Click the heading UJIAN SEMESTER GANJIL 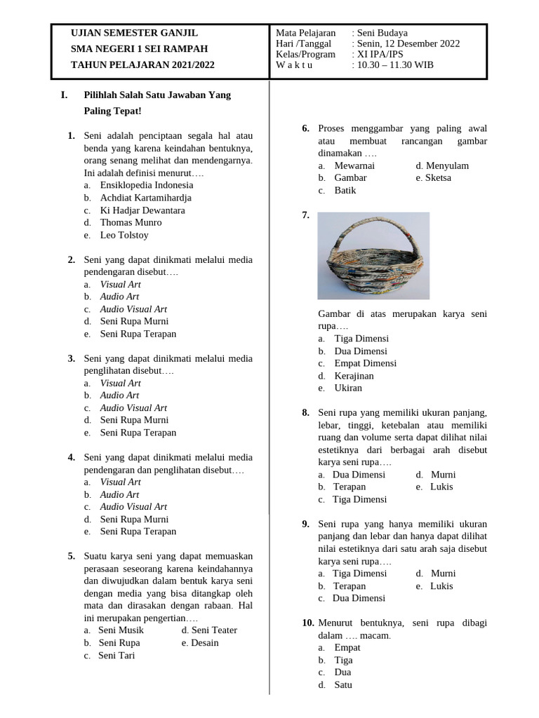coord(134,33)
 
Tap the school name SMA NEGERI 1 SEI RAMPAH coord(139,49)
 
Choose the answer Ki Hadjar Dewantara coord(142,210)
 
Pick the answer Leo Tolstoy coord(124,236)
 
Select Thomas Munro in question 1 coord(130,223)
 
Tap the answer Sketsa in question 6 coord(438,178)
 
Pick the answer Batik coord(345,191)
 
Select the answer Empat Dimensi coord(365,363)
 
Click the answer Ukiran coord(348,388)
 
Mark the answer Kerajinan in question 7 coord(354,376)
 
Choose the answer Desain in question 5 coord(204,643)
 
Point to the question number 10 coord(307,623)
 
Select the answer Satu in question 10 coord(343,685)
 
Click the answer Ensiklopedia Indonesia coord(147,185)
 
